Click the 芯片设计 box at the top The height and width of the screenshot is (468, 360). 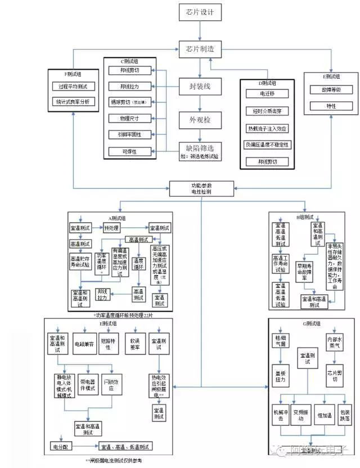coord(200,12)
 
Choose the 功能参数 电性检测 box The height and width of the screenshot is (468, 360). coord(201,188)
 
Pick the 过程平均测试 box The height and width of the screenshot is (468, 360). coord(73,87)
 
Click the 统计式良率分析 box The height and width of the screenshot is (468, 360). coord(73,102)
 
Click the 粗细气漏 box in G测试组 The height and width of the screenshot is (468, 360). coord(280,341)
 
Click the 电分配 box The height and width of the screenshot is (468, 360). coord(62,447)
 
